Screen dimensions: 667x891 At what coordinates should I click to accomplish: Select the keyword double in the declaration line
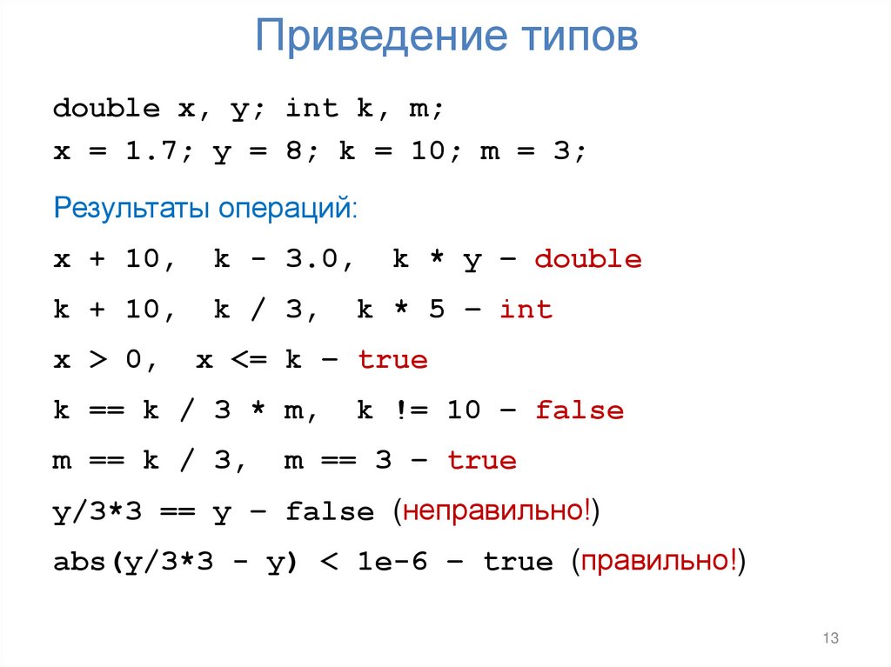[x=106, y=109]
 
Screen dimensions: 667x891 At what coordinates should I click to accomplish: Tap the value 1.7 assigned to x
[x=151, y=151]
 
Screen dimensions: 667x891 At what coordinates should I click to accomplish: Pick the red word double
[x=588, y=259]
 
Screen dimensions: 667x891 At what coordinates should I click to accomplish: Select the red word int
[x=526, y=310]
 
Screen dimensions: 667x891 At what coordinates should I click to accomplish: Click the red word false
[x=579, y=410]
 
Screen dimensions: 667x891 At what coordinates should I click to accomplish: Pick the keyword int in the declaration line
[x=312, y=109]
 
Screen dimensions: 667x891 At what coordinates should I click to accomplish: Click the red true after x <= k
[x=392, y=360]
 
